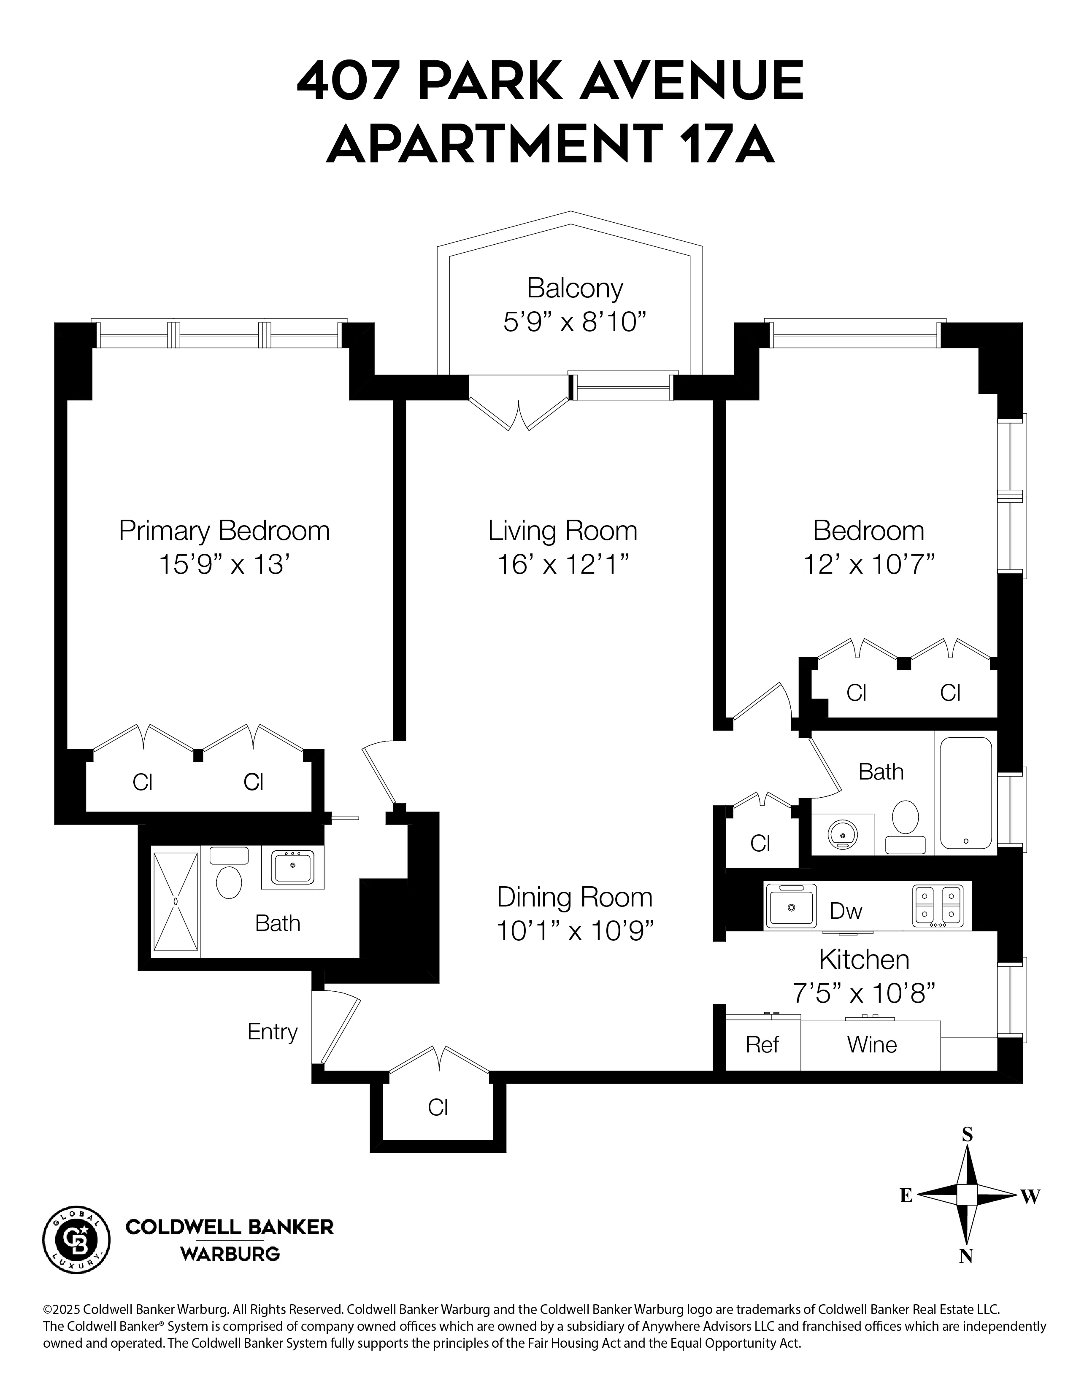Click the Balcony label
(574, 288)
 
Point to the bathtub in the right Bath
(966, 792)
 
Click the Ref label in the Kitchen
(762, 1045)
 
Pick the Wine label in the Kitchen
(871, 1045)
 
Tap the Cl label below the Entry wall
(438, 1108)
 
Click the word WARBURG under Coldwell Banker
(230, 1254)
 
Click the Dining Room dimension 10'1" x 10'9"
(575, 931)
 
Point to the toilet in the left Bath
(229, 882)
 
